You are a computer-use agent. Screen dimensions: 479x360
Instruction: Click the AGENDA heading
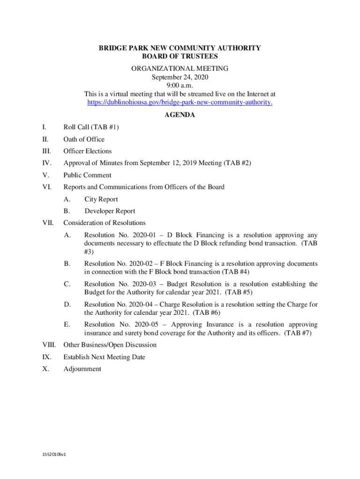pyautogui.click(x=180, y=115)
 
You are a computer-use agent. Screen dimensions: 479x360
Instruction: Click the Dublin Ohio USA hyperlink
pyautogui.click(x=180, y=102)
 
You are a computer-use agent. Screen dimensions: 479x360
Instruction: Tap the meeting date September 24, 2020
pyautogui.click(x=180, y=77)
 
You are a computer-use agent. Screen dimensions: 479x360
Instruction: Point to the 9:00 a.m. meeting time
pyautogui.click(x=180, y=85)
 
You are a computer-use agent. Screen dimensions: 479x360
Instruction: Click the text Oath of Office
pyautogui.click(x=84, y=139)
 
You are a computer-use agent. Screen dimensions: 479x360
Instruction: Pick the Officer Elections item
pyautogui.click(x=87, y=151)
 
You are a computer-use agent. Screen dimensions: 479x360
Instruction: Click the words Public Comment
pyautogui.click(x=87, y=175)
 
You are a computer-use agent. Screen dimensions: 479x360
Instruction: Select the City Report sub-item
pyautogui.click(x=101, y=199)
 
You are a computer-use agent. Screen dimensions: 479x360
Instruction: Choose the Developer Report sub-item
pyautogui.click(x=110, y=211)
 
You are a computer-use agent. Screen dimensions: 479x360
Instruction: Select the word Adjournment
pyautogui.click(x=82, y=369)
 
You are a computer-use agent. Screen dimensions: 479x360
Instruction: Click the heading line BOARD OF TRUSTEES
pyautogui.click(x=180, y=56)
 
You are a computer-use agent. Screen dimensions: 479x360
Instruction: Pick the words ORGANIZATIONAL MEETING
pyautogui.click(x=180, y=68)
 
